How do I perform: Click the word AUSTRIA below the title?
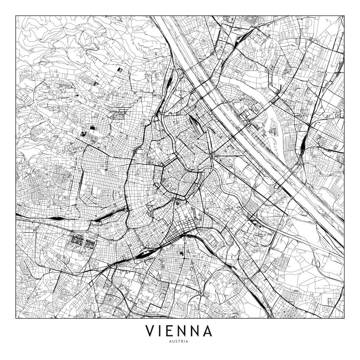pyautogui.click(x=180, y=342)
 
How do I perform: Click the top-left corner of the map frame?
pyautogui.click(x=16, y=15)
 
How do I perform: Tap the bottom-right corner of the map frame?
pyautogui.click(x=344, y=318)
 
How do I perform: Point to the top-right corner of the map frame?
pyautogui.click(x=344, y=15)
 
